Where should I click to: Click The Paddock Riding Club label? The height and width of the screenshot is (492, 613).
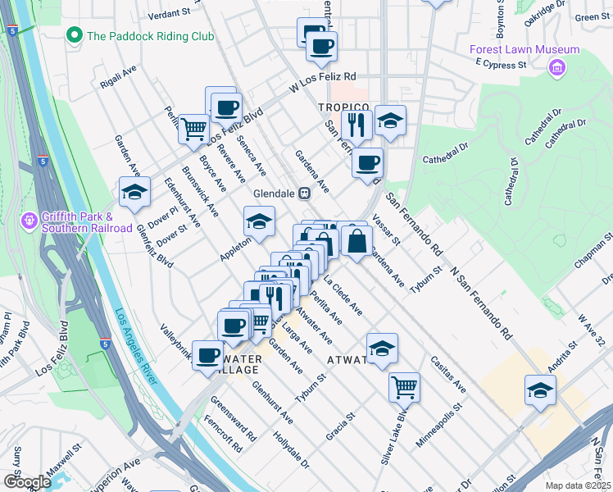click(151, 36)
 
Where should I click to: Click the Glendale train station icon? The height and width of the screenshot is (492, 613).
click(303, 194)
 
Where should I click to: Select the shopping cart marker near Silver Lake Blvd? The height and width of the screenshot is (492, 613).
click(404, 385)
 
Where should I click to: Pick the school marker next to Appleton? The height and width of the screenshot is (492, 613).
click(259, 221)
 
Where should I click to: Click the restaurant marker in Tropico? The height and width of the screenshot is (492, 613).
click(356, 123)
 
